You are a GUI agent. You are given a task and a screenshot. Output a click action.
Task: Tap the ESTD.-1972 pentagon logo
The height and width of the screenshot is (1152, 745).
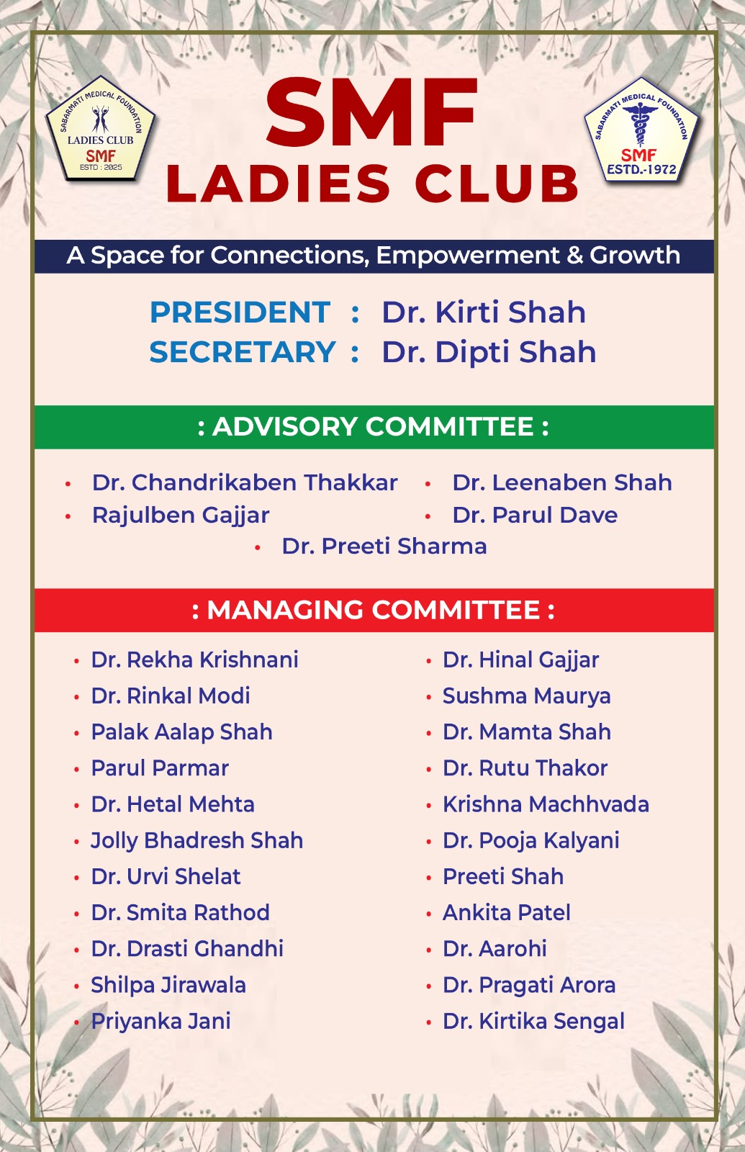point(641,132)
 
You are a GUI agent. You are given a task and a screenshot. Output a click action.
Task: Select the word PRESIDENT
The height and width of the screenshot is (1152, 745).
point(240,312)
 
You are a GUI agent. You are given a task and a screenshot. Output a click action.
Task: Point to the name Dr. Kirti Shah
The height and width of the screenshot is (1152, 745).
point(483,312)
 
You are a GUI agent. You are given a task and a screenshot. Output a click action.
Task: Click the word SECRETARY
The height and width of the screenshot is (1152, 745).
point(243,352)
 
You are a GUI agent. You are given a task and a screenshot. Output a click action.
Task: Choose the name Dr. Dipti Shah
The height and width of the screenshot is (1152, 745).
point(489,352)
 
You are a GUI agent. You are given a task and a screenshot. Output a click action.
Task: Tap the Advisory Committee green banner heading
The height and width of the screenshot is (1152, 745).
point(374,427)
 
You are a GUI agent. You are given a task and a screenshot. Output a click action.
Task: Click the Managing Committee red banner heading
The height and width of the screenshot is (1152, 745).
point(374,611)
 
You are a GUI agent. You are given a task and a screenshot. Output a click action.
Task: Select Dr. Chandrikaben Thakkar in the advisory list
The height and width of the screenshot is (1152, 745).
point(245,482)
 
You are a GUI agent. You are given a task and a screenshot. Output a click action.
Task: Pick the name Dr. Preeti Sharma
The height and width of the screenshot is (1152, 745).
point(384,546)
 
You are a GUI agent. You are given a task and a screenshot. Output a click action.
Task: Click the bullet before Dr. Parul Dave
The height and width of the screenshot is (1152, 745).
point(428,516)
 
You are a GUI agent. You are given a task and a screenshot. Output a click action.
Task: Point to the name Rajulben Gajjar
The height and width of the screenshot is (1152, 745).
point(181,516)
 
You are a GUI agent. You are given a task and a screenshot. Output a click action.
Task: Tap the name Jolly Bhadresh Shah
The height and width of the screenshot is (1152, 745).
point(197,840)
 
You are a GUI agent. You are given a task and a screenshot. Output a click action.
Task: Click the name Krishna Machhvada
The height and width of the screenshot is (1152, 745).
point(546,804)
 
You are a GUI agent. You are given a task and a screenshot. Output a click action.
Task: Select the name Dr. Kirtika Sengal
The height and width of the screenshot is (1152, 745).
point(533,1021)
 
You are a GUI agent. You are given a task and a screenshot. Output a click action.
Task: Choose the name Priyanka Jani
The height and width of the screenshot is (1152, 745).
point(161,1021)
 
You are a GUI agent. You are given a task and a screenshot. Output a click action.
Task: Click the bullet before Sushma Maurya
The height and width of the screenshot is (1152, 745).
point(428,697)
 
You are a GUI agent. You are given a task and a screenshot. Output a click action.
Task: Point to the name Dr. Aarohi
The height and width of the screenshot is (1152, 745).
point(495,949)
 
